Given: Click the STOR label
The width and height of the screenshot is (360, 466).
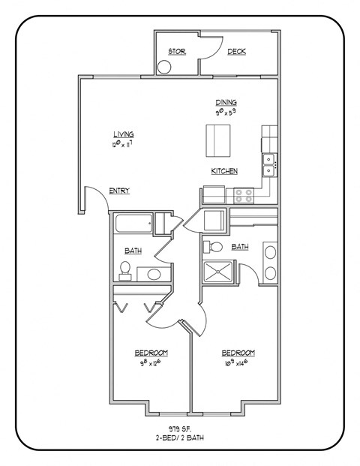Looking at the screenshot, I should (176, 51).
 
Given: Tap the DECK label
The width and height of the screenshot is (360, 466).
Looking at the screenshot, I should (237, 51).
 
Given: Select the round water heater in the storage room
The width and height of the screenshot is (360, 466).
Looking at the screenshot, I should (164, 66).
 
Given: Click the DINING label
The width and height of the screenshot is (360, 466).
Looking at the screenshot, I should (226, 102).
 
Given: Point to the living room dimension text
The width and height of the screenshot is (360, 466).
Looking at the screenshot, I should (122, 143).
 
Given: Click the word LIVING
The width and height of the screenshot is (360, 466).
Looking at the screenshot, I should (123, 134).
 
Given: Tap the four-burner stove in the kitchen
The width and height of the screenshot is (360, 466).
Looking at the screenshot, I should (244, 195).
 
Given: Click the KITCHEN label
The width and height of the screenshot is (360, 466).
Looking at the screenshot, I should (223, 171).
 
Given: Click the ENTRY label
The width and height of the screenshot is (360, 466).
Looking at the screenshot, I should (118, 191).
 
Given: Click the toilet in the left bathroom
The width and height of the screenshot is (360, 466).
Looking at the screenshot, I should (125, 269).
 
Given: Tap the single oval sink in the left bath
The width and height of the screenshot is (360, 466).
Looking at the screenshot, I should (154, 274).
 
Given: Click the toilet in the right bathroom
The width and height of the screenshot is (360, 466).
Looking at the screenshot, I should (213, 246).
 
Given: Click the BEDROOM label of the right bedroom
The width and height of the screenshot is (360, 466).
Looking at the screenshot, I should (238, 353).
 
